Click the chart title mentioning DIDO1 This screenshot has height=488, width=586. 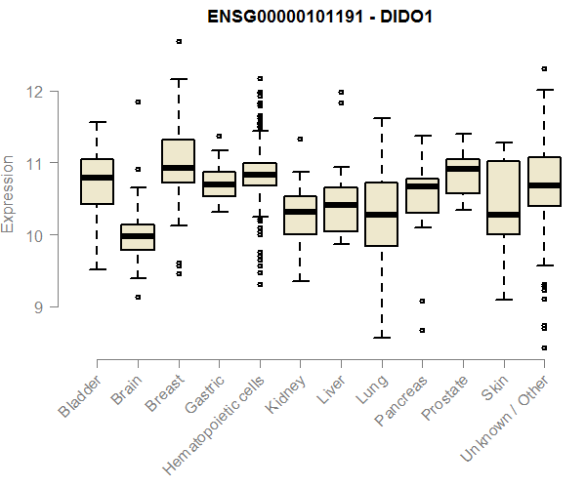319,18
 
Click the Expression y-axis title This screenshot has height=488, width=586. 9,193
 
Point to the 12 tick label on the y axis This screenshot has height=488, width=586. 36,92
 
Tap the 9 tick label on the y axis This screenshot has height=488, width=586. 36,307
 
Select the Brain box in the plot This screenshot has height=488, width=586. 137,237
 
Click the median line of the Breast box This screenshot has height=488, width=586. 178,168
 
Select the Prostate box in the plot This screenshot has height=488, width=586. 462,176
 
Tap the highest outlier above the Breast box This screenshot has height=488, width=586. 178,41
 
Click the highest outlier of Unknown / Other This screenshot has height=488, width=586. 544,69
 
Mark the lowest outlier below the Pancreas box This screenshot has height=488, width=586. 422,331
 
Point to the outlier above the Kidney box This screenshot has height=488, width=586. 300,139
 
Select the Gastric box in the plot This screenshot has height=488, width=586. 219,183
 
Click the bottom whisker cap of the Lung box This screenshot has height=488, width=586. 381,338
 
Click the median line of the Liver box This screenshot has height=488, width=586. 340,205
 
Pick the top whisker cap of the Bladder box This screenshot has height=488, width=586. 97,122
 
